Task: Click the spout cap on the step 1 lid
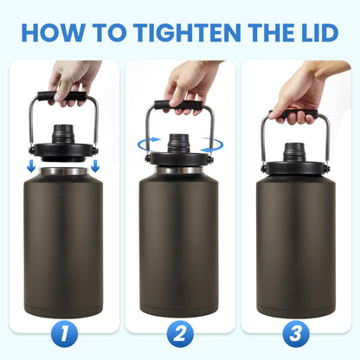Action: point(61,135)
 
